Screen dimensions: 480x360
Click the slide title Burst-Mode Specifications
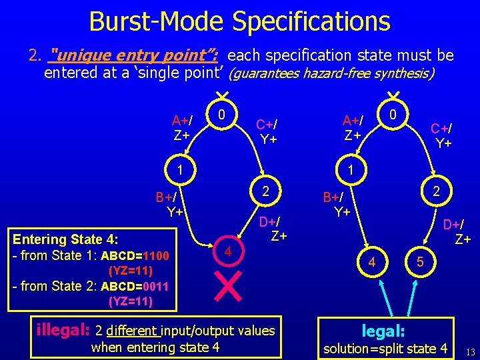click(239, 21)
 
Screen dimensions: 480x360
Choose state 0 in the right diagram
click(394, 115)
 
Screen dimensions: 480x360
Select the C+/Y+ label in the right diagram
click(442, 135)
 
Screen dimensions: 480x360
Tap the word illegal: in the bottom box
click(63, 329)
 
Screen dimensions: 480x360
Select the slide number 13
click(470, 351)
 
